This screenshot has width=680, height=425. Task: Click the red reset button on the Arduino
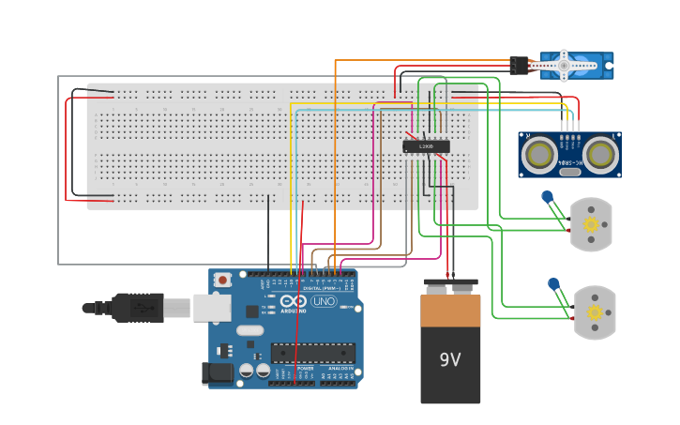(222, 280)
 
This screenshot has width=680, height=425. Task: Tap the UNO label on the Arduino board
(324, 302)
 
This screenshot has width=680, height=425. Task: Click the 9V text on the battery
(450, 359)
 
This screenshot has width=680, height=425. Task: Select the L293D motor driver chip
(426, 146)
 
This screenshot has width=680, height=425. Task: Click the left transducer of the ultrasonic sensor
(538, 153)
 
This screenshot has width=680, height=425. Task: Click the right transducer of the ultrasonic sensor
(599, 153)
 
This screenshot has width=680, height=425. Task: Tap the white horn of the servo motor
(561, 66)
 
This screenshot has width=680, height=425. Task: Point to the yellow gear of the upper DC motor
(591, 224)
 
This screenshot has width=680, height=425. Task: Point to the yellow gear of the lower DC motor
(595, 312)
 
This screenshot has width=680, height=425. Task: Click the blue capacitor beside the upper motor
(548, 197)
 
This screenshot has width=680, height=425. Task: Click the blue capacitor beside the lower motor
(553, 283)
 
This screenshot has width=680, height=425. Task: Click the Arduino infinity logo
(293, 302)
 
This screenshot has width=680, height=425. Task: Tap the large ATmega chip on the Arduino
(312, 353)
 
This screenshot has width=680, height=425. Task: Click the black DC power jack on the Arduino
(218, 373)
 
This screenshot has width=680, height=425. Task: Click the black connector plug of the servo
(519, 66)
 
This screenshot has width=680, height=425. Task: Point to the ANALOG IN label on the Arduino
(340, 370)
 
